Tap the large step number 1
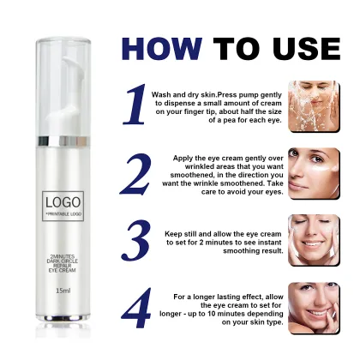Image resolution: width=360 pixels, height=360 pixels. point(135,105)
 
